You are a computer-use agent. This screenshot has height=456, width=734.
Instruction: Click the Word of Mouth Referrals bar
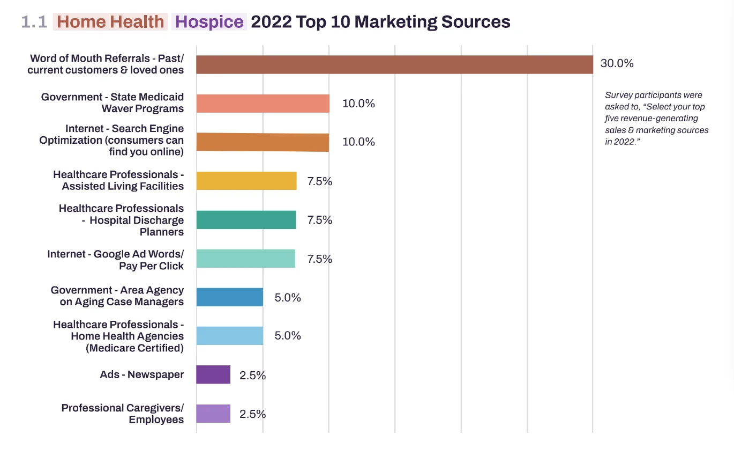click(394, 64)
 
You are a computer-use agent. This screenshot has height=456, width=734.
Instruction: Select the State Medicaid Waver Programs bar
click(263, 104)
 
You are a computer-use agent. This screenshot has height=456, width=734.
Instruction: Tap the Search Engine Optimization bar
click(263, 142)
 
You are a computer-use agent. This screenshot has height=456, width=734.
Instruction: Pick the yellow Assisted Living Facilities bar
click(246, 181)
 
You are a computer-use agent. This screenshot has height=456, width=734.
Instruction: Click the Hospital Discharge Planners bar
click(246, 220)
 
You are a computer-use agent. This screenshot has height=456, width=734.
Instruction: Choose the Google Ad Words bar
click(246, 259)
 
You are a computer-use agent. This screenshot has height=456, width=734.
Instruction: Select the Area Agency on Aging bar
click(230, 297)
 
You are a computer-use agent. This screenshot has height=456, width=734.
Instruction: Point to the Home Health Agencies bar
click(230, 336)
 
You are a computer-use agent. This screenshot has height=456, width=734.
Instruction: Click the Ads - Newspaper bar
click(213, 374)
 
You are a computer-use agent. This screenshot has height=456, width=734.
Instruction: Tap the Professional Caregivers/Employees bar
click(213, 414)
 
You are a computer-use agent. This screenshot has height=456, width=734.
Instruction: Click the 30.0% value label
click(617, 63)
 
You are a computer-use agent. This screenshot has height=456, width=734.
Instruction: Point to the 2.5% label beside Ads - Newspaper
click(252, 376)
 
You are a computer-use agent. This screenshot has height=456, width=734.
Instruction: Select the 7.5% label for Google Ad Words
click(319, 259)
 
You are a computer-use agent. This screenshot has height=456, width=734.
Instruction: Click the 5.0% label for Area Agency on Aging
click(288, 298)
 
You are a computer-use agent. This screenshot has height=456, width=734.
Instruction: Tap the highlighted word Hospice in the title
click(209, 22)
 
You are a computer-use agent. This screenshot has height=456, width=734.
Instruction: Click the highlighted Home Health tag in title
click(110, 22)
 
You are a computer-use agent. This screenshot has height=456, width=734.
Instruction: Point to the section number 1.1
click(34, 22)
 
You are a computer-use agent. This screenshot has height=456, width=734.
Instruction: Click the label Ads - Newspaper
click(141, 374)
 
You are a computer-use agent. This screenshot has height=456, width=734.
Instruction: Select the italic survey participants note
click(657, 119)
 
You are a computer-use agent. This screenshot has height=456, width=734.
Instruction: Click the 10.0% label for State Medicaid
click(358, 104)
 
